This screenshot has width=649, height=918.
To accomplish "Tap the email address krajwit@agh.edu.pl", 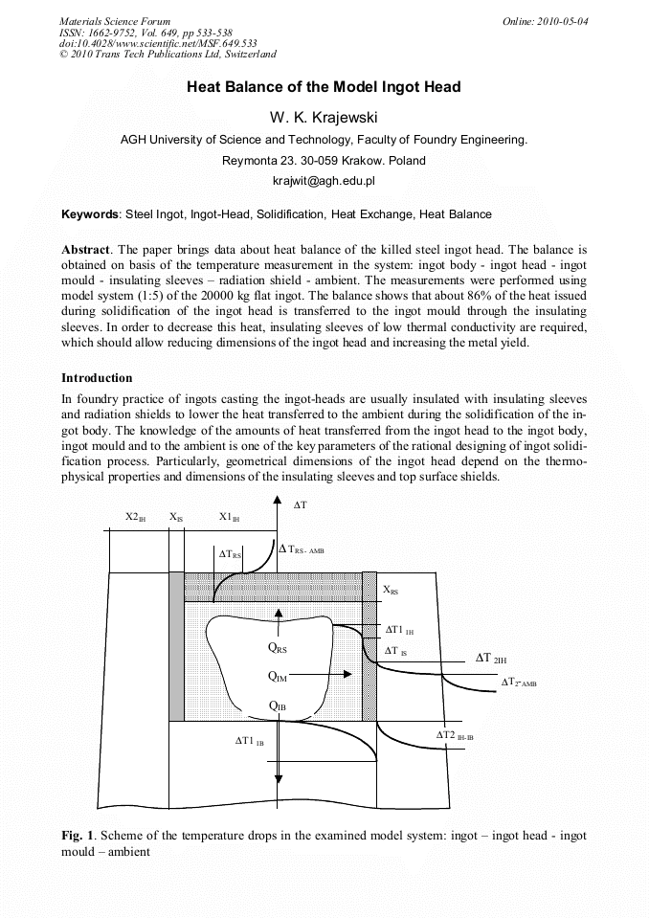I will (x=324, y=180).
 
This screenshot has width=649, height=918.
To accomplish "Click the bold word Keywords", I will (x=91, y=214).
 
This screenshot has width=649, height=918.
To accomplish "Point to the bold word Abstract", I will (x=87, y=249).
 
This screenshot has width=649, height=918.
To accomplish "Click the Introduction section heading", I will (x=97, y=378).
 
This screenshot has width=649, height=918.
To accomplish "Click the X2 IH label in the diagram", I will (x=136, y=518).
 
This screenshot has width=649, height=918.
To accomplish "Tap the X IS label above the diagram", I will (x=176, y=518).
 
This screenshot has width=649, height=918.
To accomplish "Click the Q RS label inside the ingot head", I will (x=278, y=648).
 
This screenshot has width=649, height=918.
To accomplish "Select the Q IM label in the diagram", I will (x=278, y=677).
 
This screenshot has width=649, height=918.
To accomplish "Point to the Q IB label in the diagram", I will (x=278, y=706).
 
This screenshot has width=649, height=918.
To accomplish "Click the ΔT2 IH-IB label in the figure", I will (x=455, y=735).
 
